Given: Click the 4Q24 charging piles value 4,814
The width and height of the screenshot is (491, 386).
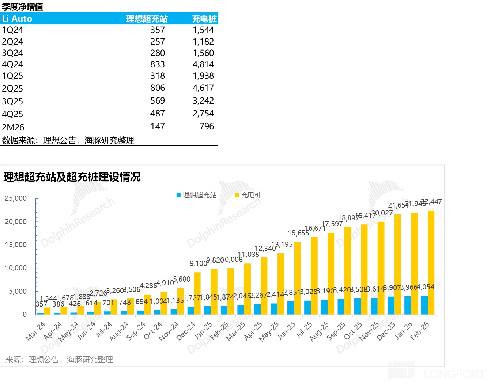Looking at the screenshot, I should click(203, 64).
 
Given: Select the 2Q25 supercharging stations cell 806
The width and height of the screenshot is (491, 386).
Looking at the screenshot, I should click(158, 88).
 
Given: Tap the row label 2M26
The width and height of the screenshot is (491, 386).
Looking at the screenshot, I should click(13, 127).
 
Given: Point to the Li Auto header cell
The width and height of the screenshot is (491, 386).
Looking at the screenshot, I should click(17, 19).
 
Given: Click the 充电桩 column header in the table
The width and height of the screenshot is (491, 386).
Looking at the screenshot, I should click(204, 19).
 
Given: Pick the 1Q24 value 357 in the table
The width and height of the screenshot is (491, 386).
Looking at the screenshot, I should click(158, 30).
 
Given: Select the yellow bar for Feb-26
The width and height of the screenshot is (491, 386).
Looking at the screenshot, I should click(431, 262).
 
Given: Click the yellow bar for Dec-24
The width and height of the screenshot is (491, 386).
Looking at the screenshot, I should click(197, 293).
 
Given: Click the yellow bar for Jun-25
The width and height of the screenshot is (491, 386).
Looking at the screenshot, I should click(297, 278).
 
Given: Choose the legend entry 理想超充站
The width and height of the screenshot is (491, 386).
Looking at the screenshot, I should click(197, 195).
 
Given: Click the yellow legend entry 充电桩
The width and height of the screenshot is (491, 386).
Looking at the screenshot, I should click(248, 195).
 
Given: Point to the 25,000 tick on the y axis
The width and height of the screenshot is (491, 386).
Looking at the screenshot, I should click(16, 198).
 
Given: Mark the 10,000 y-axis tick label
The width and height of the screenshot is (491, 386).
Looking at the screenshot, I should click(16, 268).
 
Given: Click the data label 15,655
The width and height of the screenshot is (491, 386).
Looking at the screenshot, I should click(298, 233).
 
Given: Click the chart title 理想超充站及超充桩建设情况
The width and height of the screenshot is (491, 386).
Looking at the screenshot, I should click(72, 177).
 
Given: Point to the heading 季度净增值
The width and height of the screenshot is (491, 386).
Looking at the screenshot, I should click(22, 7).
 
